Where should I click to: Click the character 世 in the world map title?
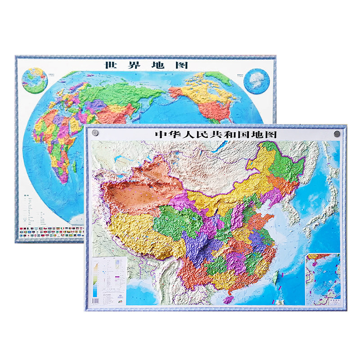click(109, 65)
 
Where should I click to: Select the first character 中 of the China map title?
click(160, 134)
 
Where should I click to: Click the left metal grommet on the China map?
click(95, 134)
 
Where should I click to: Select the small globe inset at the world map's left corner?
click(36, 81)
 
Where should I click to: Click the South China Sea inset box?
click(323, 279)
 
